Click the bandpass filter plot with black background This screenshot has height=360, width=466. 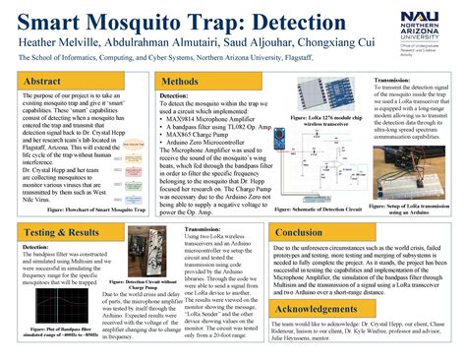click(48, 285)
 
